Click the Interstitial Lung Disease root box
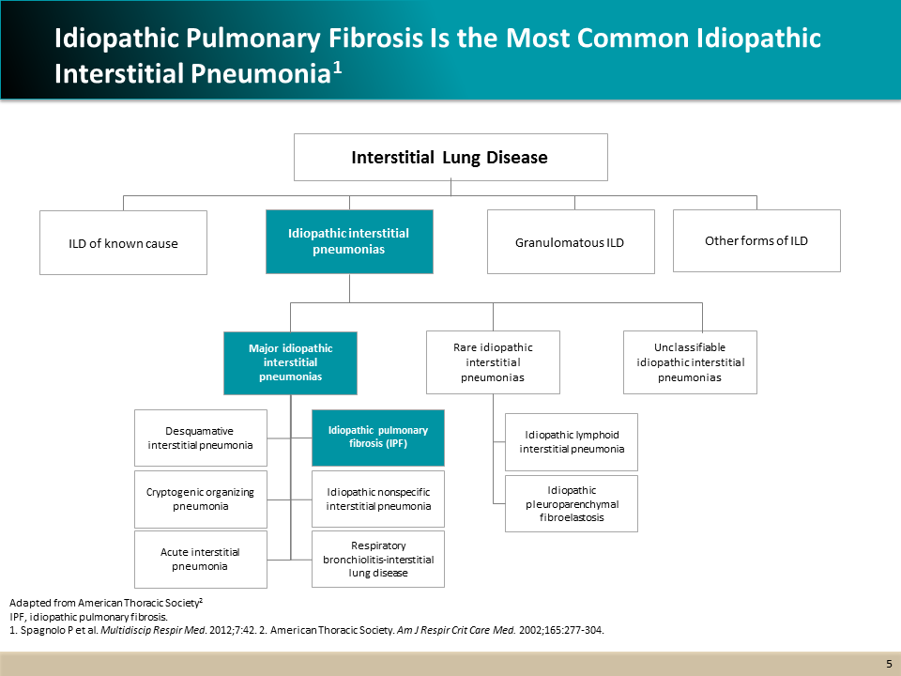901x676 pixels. coord(450,157)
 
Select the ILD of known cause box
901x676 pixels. coord(123,243)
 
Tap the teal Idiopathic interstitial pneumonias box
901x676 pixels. coord(349,241)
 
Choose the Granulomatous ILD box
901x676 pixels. coord(571,242)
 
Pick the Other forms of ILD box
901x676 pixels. coord(756,240)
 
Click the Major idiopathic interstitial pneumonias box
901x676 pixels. coord(291,362)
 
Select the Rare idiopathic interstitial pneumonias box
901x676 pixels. coord(493,362)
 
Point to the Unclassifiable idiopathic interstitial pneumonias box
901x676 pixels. coord(690,362)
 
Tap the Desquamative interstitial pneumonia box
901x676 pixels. coord(201,438)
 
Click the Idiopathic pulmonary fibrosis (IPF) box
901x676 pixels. coord(378,438)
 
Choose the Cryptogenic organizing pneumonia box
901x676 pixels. coord(201,499)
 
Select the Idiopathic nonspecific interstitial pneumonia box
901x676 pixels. coord(378,499)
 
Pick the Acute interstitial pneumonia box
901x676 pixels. coord(201,559)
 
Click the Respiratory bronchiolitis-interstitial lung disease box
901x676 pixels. coord(378,559)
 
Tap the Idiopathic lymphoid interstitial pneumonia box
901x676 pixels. coord(572,441)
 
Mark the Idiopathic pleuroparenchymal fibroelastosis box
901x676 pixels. coord(572,503)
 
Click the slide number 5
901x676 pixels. coord(889,664)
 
